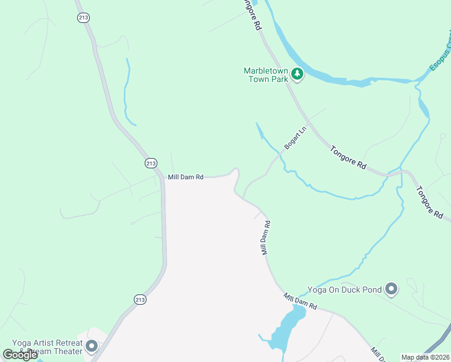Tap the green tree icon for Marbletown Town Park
point(297,74)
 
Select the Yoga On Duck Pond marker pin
point(391,290)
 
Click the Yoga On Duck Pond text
point(344,290)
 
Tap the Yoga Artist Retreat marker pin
point(92,346)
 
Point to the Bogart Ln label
point(295,139)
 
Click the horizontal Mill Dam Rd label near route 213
point(186,177)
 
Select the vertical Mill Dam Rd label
point(265,237)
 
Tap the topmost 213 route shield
point(83,18)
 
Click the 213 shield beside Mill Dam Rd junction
point(151,163)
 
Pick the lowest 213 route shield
point(139,299)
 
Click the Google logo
point(20,355)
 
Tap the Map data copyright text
point(426,357)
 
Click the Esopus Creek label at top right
point(441,53)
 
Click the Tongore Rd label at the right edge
point(430,203)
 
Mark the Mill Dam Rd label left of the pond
point(300,302)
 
